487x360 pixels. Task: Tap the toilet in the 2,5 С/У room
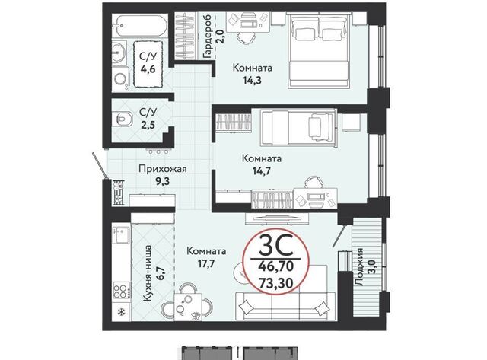point(124,118)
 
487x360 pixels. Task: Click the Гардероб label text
point(207,37)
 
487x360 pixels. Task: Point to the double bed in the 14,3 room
point(319,51)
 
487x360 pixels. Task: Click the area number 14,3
point(252,81)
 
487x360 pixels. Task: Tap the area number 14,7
point(262,170)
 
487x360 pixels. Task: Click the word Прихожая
point(162,169)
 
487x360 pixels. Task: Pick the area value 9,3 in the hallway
point(162,181)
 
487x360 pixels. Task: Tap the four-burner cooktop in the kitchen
point(122,290)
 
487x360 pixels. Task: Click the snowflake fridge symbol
point(120,311)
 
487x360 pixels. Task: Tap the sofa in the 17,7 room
point(285,306)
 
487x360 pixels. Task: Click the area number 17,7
point(206,263)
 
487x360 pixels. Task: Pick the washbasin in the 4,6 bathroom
point(119,53)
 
